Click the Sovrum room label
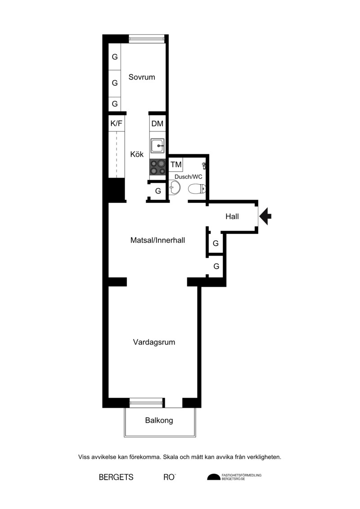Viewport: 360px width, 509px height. coord(142,77)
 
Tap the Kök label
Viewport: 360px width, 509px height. coord(137,154)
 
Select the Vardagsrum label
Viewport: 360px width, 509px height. coord(154,342)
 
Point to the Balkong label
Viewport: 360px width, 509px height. coord(159,421)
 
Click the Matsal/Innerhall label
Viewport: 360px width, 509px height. coord(157,240)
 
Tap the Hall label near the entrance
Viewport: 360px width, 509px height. coord(232,216)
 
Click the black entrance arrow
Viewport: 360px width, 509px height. coord(265,216)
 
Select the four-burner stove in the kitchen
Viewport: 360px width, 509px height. coord(157,167)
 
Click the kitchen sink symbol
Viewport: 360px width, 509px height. coord(157,146)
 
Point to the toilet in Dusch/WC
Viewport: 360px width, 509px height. coord(197,189)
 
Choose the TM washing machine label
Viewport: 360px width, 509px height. coord(176,165)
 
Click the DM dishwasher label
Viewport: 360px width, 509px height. coord(157,124)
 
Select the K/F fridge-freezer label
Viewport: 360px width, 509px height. coord(116,124)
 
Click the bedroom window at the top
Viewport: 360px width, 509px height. coord(147,39)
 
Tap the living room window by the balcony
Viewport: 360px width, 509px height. coord(146,402)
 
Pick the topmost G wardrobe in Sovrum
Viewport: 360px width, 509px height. coord(115,57)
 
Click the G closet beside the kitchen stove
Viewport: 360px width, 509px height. coord(158,191)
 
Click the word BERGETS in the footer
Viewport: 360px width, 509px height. coord(116,477)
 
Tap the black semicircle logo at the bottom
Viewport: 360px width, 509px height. coord(214,477)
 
